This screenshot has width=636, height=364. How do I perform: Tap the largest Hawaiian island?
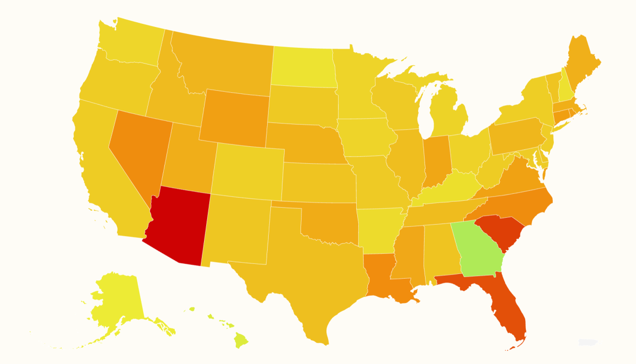point(241,340)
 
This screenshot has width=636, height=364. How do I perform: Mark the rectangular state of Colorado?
point(248,170)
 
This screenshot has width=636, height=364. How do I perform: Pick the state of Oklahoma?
point(326,220)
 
